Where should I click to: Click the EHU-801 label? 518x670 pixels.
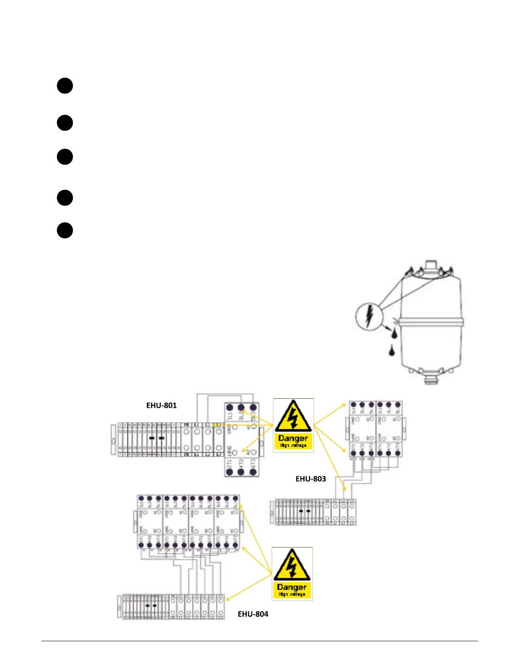[161, 405]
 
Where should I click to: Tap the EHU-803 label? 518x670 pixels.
[311, 479]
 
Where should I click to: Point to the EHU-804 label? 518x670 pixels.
[253, 614]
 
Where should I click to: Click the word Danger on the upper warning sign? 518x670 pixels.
[293, 438]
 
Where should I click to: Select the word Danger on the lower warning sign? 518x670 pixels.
[292, 587]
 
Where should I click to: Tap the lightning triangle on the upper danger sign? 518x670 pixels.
[293, 417]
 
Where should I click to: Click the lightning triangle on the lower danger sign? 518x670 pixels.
[292, 566]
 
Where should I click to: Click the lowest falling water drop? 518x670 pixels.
[391, 350]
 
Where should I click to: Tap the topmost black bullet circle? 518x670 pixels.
[65, 85]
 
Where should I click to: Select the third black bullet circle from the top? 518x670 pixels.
[65, 157]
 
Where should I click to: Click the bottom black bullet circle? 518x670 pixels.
[65, 231]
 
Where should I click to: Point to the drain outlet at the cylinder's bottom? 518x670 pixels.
[430, 379]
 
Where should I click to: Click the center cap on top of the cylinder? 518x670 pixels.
[430, 266]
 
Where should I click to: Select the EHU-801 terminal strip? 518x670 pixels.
[168, 439]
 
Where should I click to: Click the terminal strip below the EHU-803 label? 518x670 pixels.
[313, 512]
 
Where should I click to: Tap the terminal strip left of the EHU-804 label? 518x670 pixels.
[171, 607]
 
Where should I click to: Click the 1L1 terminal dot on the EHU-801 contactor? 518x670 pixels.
[230, 408]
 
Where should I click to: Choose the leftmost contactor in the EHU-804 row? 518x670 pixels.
[150, 522]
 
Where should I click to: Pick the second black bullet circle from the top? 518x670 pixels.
[65, 123]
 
